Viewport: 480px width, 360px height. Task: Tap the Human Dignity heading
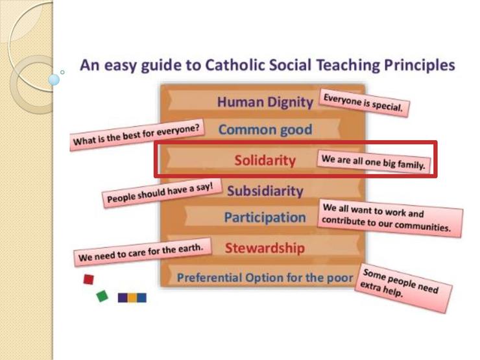[x=265, y=102]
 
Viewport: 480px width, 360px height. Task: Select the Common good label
[x=265, y=130]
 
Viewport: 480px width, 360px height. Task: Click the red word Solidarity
[x=265, y=160]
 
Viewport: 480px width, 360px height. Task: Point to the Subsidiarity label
[x=265, y=191]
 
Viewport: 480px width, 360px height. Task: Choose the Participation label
[x=265, y=217]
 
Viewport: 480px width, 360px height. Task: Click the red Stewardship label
[x=265, y=248]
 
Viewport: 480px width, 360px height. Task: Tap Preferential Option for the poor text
[x=265, y=278]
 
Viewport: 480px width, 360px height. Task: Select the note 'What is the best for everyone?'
[x=138, y=135]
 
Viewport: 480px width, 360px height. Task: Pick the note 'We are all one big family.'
[x=374, y=162]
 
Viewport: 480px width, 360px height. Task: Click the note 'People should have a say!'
[x=162, y=193]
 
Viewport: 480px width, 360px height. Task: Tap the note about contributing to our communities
[x=390, y=218]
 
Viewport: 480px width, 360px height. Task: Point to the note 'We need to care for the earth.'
[x=142, y=252]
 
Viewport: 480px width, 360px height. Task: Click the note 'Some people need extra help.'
[x=403, y=288]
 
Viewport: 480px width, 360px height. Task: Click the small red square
[x=89, y=279]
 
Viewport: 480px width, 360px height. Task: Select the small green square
[x=102, y=296]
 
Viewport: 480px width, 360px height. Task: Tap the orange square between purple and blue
[x=132, y=298]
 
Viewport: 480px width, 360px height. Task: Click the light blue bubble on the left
[x=54, y=80]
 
